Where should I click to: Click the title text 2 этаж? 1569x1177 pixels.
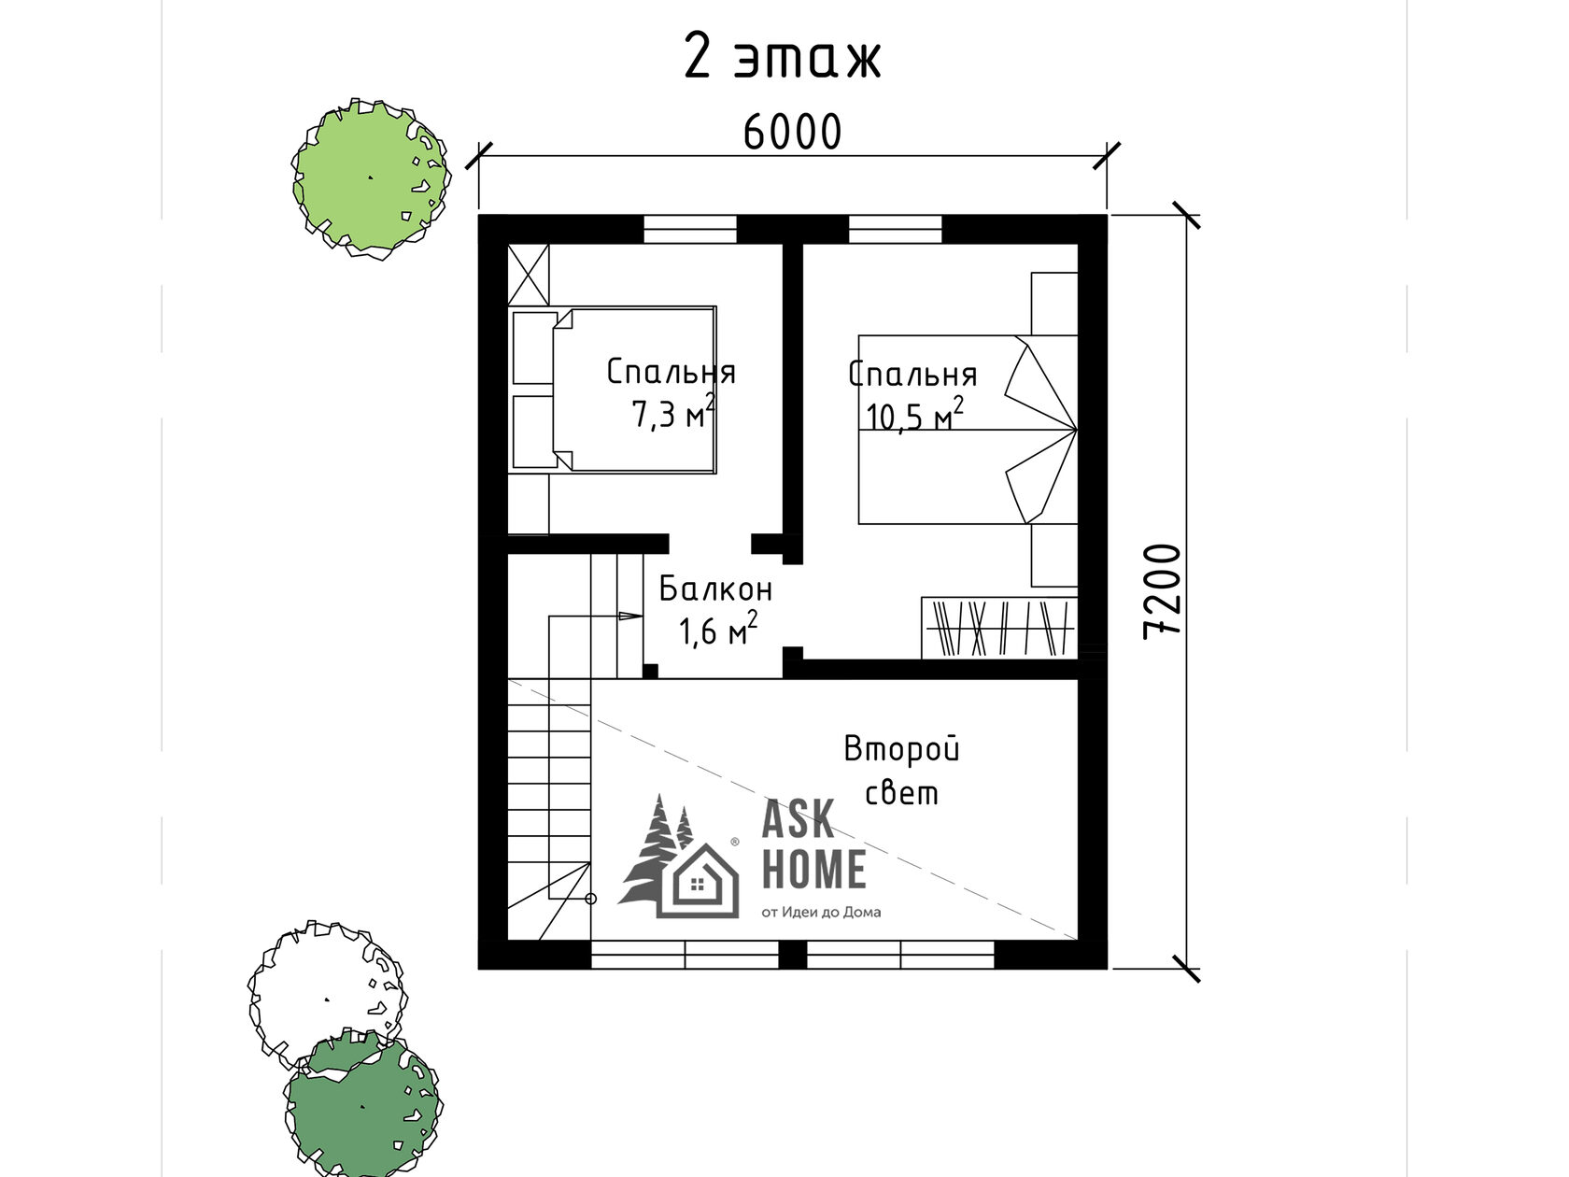pos(783,56)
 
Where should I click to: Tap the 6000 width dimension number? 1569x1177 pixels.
pos(792,133)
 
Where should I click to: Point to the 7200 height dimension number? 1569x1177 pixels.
pos(1162,591)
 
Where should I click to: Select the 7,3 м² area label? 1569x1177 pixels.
pos(672,412)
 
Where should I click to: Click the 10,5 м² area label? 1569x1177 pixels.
pos(915,415)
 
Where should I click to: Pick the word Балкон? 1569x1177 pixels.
pos(715,588)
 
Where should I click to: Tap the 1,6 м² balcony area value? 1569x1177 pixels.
pos(717,630)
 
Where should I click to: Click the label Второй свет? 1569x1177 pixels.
pos(901,771)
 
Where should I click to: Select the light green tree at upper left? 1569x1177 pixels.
pos(370,178)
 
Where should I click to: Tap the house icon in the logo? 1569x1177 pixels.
pos(698,880)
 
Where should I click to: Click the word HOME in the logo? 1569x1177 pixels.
pos(814,869)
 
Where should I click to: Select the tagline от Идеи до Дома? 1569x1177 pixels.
pos(821,913)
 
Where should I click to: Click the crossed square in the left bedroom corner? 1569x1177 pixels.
pos(529,276)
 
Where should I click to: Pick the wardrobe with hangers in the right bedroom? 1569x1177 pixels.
pos(999,628)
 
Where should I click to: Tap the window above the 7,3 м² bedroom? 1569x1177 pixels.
pos(690,230)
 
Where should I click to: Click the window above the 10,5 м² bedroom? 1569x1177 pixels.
pos(895,230)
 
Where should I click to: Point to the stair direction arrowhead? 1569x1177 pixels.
pos(630,616)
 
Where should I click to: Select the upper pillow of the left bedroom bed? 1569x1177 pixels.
pos(535,348)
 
